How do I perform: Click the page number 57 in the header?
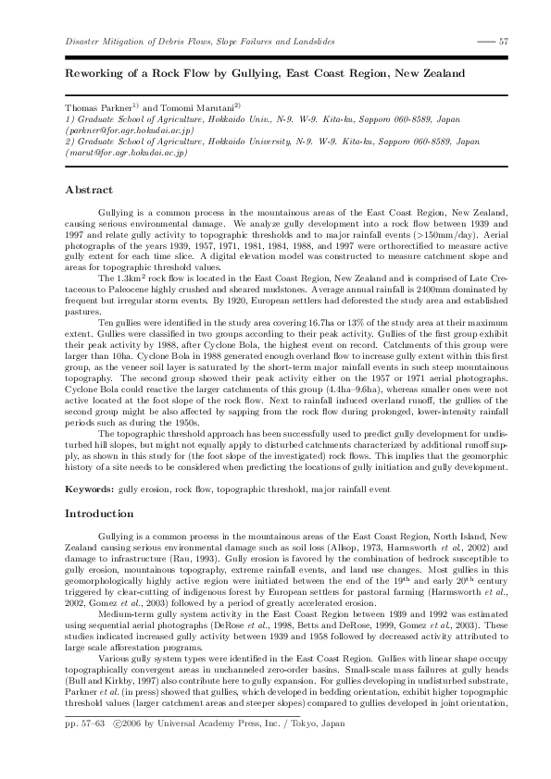click(x=504, y=42)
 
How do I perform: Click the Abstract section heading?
click(x=89, y=190)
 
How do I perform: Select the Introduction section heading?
click(x=99, y=513)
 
